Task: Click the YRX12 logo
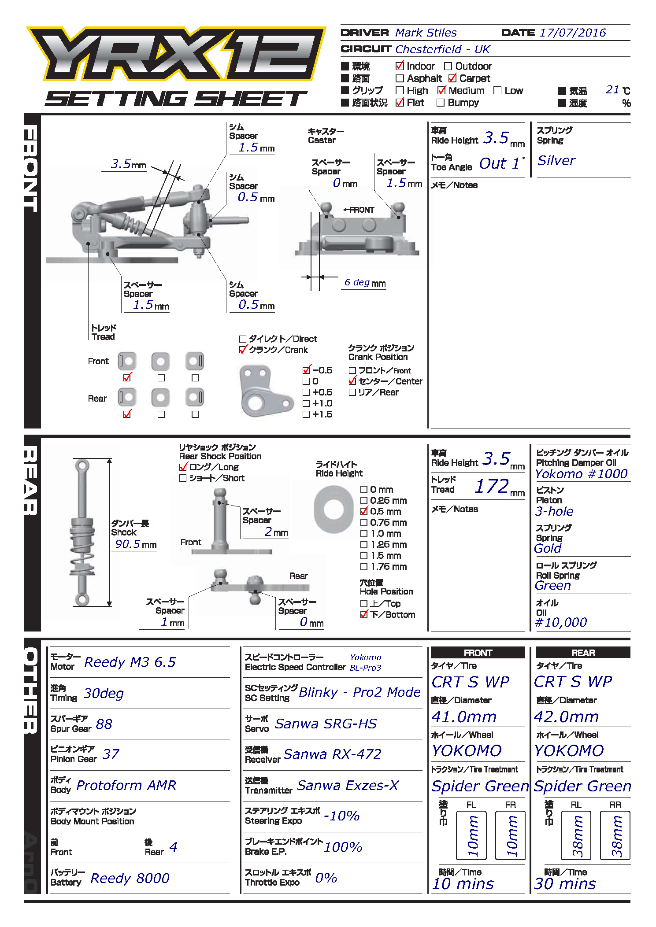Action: click(x=176, y=54)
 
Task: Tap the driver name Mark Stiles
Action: click(x=426, y=33)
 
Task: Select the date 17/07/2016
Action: click(x=572, y=33)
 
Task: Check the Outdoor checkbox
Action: click(x=448, y=66)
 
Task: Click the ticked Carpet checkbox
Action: click(x=452, y=78)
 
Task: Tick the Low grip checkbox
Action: click(x=497, y=91)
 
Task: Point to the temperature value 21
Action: click(x=612, y=90)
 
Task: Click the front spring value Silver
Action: click(x=556, y=161)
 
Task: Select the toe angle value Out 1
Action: click(x=499, y=164)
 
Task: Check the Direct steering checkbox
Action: click(x=243, y=339)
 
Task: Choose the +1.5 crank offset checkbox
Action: click(x=306, y=414)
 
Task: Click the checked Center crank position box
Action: click(x=352, y=381)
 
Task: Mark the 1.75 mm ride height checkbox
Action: click(x=364, y=567)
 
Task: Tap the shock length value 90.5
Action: click(x=128, y=544)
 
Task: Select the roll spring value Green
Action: click(x=552, y=586)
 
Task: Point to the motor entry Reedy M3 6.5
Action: click(x=130, y=662)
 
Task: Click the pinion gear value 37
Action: click(x=111, y=754)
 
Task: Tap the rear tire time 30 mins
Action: click(x=565, y=884)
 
